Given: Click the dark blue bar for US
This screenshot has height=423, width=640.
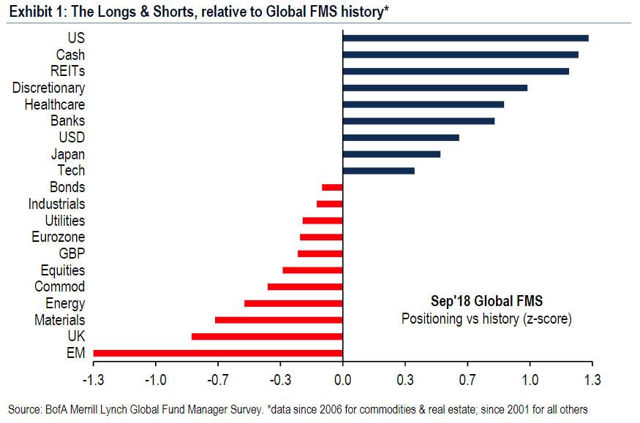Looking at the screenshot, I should [465, 38].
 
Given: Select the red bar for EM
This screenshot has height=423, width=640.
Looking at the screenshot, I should [218, 353].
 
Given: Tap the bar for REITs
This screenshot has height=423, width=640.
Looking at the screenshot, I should [455, 71].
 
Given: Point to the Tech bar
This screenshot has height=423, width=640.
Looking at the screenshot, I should [378, 170].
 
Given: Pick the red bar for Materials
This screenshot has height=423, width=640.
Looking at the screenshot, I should [279, 320].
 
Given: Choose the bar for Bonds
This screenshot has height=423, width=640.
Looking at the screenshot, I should [332, 188].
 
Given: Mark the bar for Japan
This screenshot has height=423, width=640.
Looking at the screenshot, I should [391, 154].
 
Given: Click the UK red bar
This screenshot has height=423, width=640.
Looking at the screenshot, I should [267, 337].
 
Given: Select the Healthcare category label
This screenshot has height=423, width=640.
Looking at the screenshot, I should [55, 104].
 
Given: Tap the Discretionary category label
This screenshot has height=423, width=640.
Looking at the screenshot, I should [48, 88].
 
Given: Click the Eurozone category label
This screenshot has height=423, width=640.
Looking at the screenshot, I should [59, 237].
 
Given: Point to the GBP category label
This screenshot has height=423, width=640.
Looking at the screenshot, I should [70, 254].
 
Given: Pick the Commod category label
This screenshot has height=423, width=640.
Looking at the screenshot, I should [60, 286].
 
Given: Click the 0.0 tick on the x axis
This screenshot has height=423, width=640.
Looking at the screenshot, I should [342, 381].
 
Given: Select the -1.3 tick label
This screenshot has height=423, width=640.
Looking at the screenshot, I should [94, 381].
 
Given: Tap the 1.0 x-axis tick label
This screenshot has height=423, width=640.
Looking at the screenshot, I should [530, 381].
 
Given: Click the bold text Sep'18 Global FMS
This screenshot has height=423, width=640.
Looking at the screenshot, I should [486, 302].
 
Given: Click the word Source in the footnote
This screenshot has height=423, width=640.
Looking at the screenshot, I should [23, 409].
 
